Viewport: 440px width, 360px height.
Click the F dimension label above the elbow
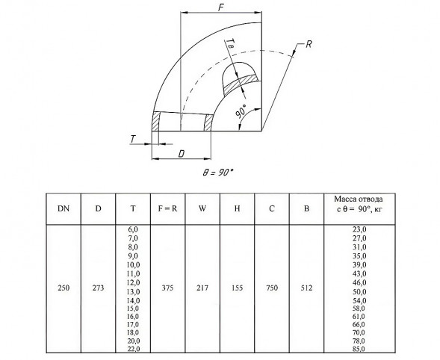[x=221, y=7]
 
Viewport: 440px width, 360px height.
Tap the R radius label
[x=309, y=44]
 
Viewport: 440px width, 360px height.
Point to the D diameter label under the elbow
[x=182, y=154]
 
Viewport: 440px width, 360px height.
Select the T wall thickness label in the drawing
[x=133, y=139]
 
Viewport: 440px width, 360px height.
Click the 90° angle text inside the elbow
[x=241, y=111]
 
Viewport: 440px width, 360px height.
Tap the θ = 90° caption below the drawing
[x=218, y=173]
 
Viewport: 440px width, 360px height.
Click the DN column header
[x=63, y=209]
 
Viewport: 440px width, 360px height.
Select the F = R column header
[x=167, y=209]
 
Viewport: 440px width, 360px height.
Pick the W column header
[x=202, y=209]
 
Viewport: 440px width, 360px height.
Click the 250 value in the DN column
[x=63, y=288]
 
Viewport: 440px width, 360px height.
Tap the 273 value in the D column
[x=98, y=288]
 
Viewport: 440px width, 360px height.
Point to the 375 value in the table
[x=167, y=288]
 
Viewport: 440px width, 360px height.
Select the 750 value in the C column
[x=272, y=288]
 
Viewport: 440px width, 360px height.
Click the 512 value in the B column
[x=306, y=288]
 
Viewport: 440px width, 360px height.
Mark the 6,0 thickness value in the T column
[x=133, y=229]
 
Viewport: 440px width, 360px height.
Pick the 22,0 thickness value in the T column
[x=133, y=349]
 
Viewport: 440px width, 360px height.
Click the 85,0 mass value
[x=359, y=349]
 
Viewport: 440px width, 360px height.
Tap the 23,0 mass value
[x=359, y=229]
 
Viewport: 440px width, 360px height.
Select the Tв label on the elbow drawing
[x=230, y=44]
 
